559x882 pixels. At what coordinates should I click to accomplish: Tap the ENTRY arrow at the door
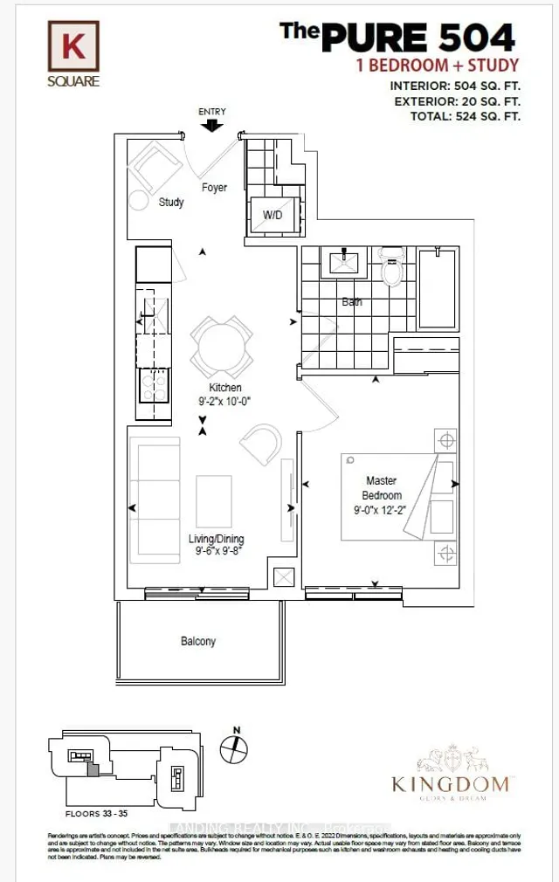point(211,126)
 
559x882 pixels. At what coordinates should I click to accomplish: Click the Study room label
point(171,203)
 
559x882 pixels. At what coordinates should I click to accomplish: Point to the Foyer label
point(214,188)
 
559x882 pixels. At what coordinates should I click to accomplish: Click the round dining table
point(224,344)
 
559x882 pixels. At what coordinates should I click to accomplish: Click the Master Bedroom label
point(382,488)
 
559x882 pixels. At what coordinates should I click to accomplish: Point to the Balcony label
point(198,641)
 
